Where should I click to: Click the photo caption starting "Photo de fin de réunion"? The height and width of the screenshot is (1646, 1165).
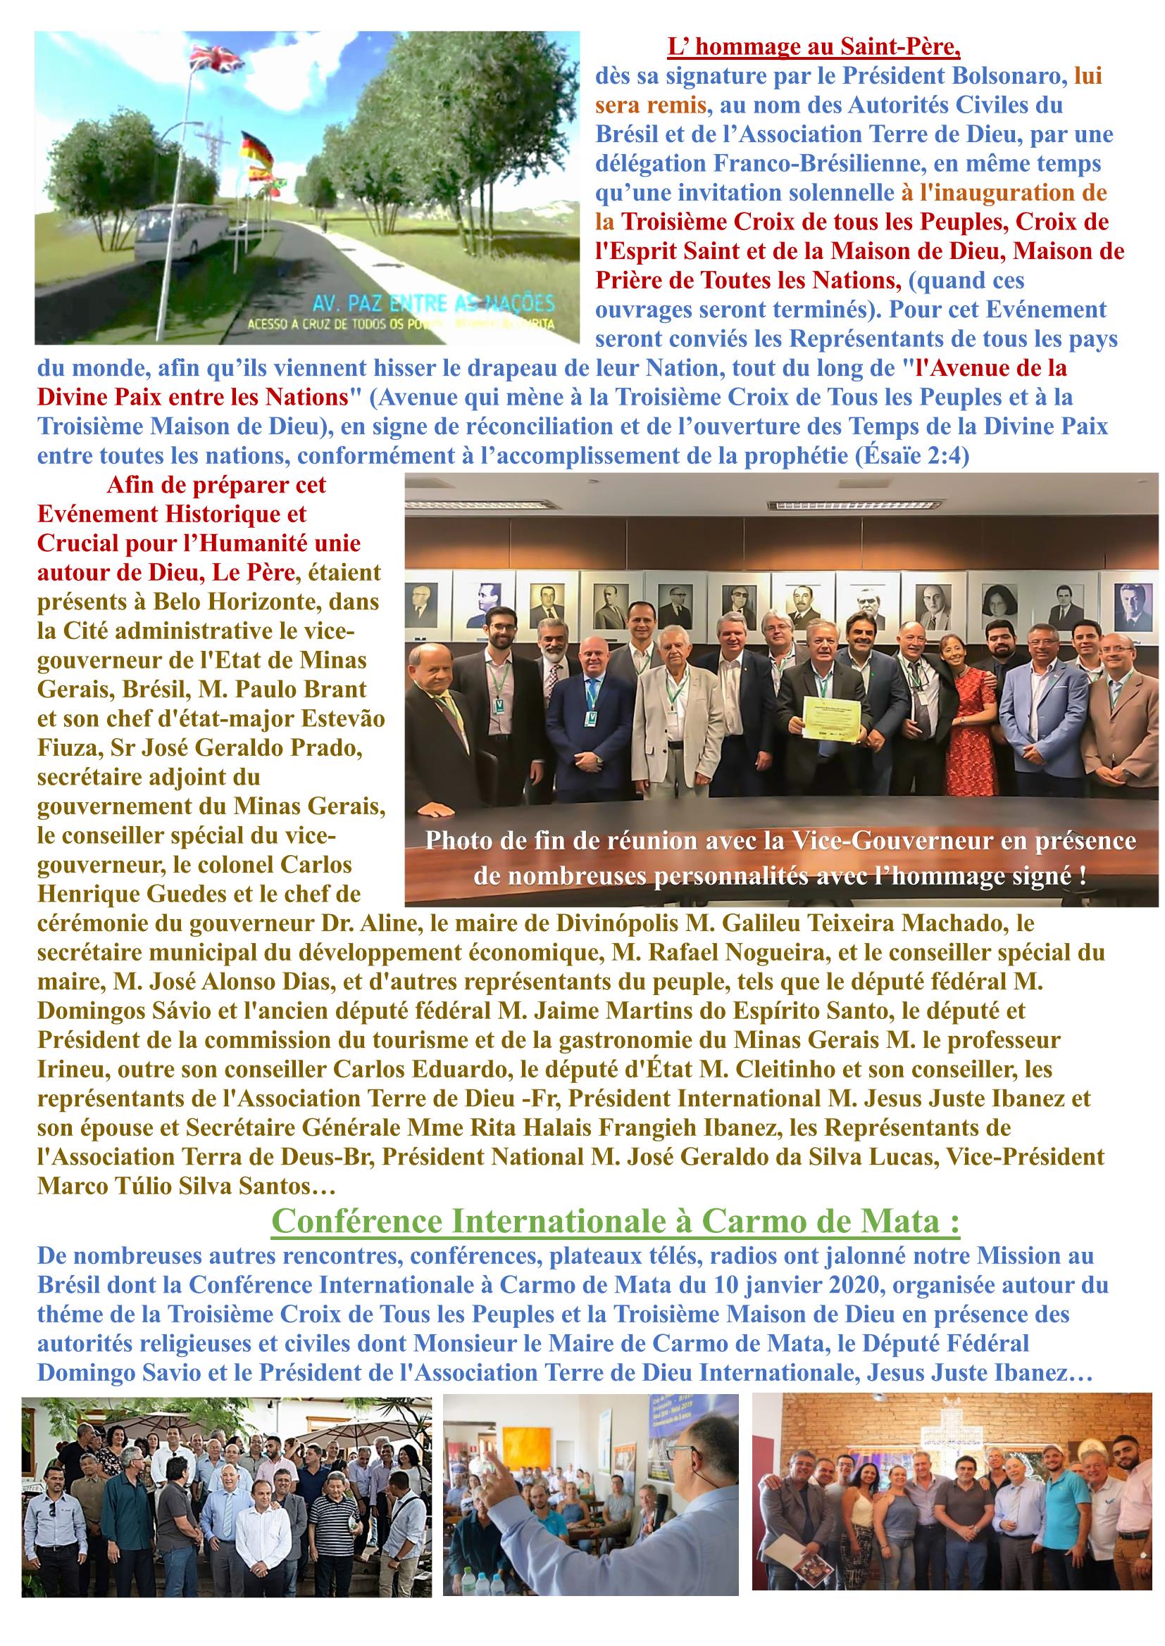(780, 858)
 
